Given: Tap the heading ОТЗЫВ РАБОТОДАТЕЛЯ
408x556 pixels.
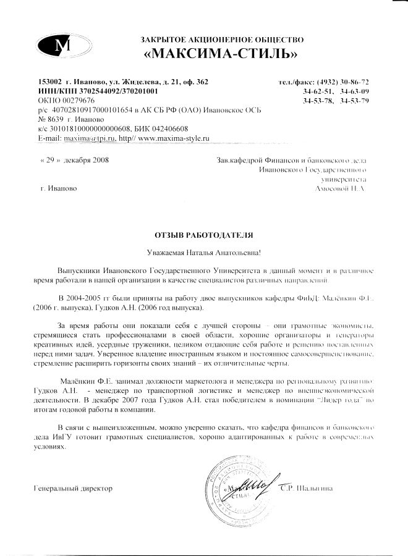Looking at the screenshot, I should point(203,235).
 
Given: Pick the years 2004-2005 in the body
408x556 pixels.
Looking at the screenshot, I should point(85,297).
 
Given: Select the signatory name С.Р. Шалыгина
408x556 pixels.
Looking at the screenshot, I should point(306,488).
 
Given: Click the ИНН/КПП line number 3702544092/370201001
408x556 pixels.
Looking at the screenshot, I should point(122,91).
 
